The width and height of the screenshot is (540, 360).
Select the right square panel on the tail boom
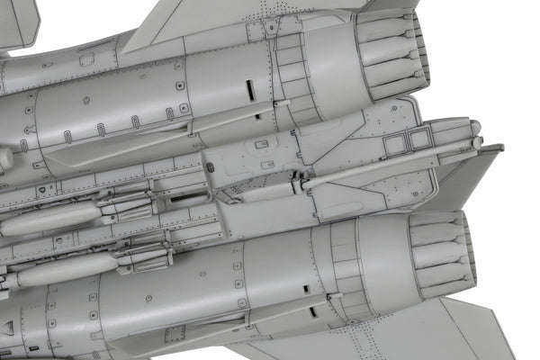[419, 138]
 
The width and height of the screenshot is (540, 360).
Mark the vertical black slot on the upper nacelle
[248, 91]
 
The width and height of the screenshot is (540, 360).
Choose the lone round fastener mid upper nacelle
[86, 100]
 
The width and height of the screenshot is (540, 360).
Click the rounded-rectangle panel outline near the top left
[86, 59]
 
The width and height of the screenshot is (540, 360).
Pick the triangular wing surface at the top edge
[225, 18]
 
